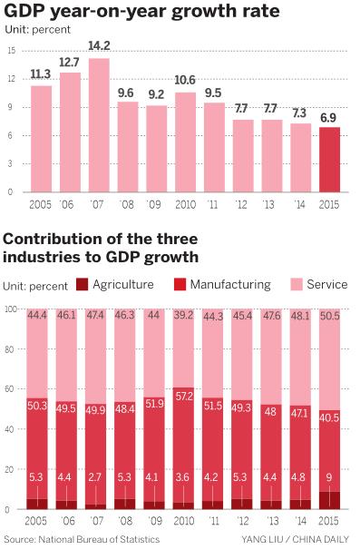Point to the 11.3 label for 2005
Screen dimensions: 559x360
(41, 74)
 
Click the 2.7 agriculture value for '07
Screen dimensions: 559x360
(99, 476)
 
